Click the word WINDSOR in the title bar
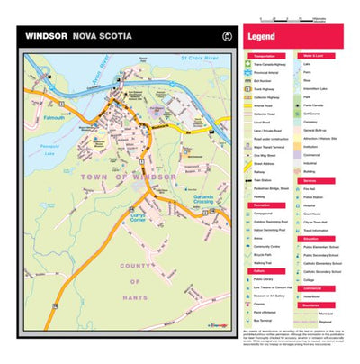coord(46,37)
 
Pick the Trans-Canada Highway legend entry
coord(275,65)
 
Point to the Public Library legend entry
coord(270,279)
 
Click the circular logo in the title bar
coord(227,37)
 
